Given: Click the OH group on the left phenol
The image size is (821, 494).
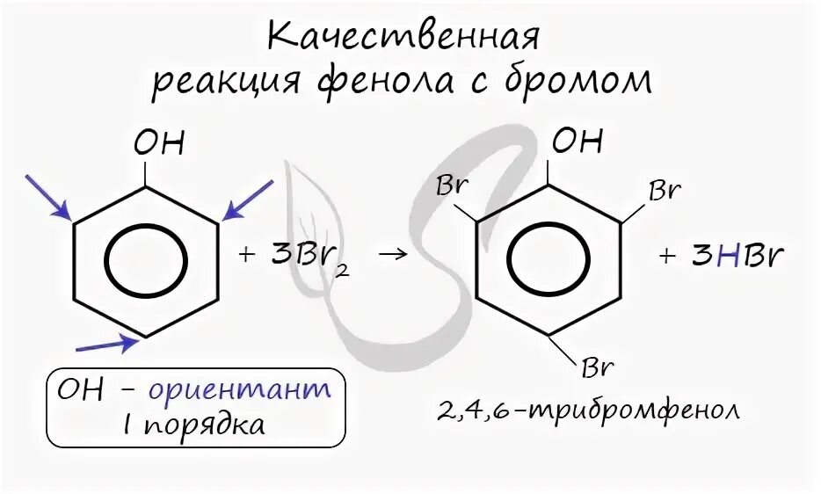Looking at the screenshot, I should (x=159, y=142).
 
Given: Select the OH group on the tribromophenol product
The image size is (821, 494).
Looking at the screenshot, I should (x=578, y=141).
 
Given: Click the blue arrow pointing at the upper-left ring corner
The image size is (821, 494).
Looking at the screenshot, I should (x=47, y=195).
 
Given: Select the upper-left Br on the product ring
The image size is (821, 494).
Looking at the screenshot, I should (x=452, y=187).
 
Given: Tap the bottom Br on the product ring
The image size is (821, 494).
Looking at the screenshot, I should (x=596, y=365).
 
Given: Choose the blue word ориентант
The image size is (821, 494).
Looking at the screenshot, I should (x=239, y=389).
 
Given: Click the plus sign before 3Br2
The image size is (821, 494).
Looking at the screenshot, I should (x=246, y=256).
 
